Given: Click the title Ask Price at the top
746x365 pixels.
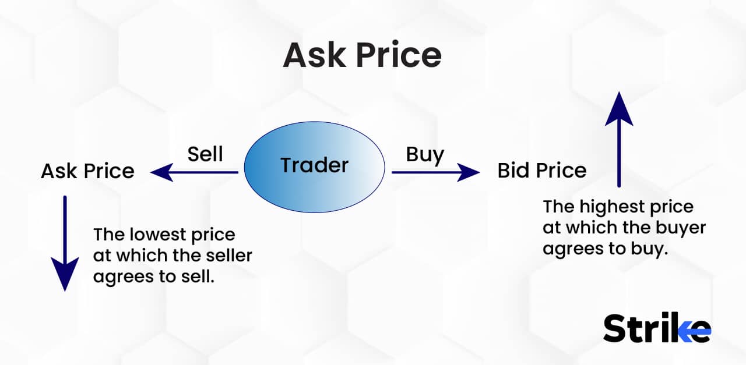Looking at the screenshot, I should point(362,55).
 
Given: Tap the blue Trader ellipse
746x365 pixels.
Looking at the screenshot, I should point(314,165).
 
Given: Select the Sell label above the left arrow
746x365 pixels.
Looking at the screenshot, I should point(205,154).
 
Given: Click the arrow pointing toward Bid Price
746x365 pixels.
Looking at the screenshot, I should point(435,172).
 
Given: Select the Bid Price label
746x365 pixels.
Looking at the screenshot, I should point(541,171).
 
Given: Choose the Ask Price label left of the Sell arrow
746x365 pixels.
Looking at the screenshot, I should point(87,171).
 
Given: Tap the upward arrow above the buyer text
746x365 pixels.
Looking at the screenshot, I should point(619,140).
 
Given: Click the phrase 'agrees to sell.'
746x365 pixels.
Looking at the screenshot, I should point(154,277).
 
